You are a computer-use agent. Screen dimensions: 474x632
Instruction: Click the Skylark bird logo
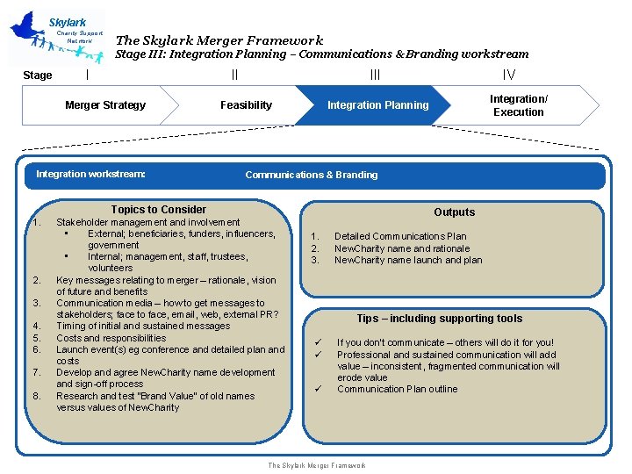54,37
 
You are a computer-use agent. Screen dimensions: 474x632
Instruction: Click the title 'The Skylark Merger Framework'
219,39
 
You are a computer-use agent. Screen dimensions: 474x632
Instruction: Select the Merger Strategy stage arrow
105,105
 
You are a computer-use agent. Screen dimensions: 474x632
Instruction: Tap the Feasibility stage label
246,105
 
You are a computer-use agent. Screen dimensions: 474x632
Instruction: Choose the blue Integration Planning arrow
377,105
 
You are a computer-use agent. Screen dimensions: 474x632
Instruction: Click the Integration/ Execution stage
518,105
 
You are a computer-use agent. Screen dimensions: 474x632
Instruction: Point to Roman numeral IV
508,75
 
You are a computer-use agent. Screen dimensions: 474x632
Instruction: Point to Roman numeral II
234,75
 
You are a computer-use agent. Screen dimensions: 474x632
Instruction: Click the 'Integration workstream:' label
90,174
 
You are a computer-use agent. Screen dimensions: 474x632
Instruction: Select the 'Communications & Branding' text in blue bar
312,175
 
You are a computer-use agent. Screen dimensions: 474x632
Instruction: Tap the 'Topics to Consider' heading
159,210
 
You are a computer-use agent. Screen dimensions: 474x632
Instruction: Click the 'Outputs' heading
454,212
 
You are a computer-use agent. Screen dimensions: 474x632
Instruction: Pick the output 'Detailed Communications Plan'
400,236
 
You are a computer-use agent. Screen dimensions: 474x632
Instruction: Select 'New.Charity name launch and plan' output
408,260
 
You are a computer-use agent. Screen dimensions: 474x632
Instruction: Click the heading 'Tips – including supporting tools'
439,319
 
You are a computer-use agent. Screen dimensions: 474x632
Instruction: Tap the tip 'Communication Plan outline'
397,389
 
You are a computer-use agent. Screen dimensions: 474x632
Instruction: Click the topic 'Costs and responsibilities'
111,338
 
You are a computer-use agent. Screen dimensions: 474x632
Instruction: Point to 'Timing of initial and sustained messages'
143,326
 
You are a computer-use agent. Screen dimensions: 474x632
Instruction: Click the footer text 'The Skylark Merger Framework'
316,465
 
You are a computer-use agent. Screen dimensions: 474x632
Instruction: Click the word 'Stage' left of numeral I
37,75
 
